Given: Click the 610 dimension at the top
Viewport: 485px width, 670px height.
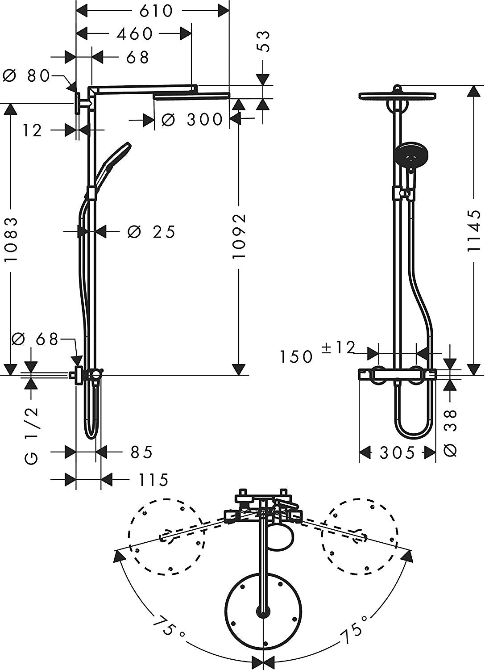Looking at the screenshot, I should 156,11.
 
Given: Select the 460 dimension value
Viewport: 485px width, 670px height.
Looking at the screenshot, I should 134,33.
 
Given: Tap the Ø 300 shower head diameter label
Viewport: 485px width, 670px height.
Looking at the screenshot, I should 192,120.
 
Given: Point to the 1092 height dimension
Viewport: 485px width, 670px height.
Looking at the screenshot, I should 239,236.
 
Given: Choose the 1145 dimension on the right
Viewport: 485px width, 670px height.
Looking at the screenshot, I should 473,232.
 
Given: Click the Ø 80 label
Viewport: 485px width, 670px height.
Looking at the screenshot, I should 26,75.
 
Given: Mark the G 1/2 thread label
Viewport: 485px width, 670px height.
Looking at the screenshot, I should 31,435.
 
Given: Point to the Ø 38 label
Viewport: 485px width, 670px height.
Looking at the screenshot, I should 451,433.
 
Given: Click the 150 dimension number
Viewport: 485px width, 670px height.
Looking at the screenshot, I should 296,356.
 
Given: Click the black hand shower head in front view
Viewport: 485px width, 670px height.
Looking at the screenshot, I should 411,154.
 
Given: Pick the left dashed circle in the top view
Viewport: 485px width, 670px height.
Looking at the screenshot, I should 167,536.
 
